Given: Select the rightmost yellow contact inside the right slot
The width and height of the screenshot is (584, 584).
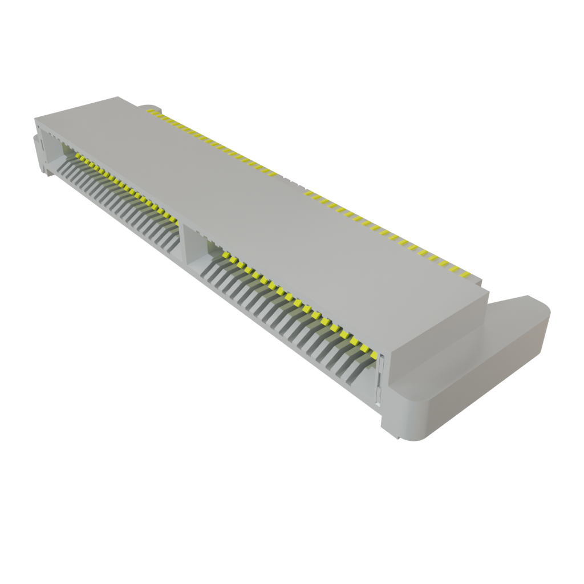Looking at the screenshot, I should pos(372,355).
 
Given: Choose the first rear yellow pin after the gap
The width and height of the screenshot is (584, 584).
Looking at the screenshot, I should pos(309,193).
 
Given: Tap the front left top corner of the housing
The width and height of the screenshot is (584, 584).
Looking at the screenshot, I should pos(36,119).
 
